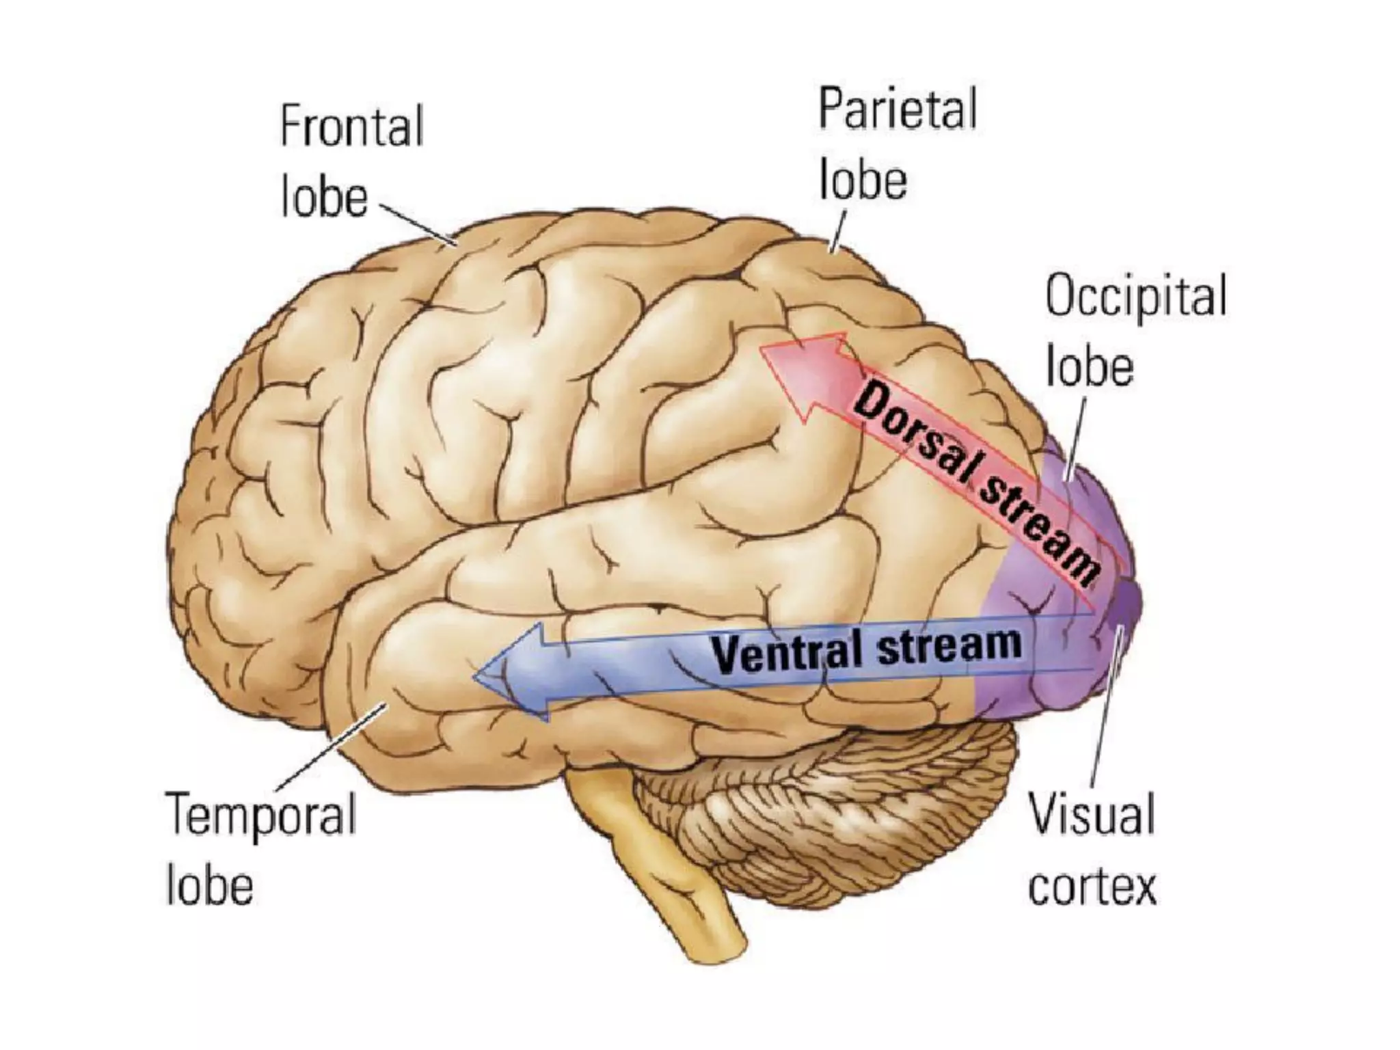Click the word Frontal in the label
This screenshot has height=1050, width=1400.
pyautogui.click(x=352, y=126)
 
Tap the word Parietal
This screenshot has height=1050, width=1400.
pyautogui.click(x=898, y=109)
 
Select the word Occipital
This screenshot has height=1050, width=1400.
pyautogui.click(x=1135, y=295)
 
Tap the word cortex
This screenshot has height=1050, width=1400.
pyautogui.click(x=1092, y=886)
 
